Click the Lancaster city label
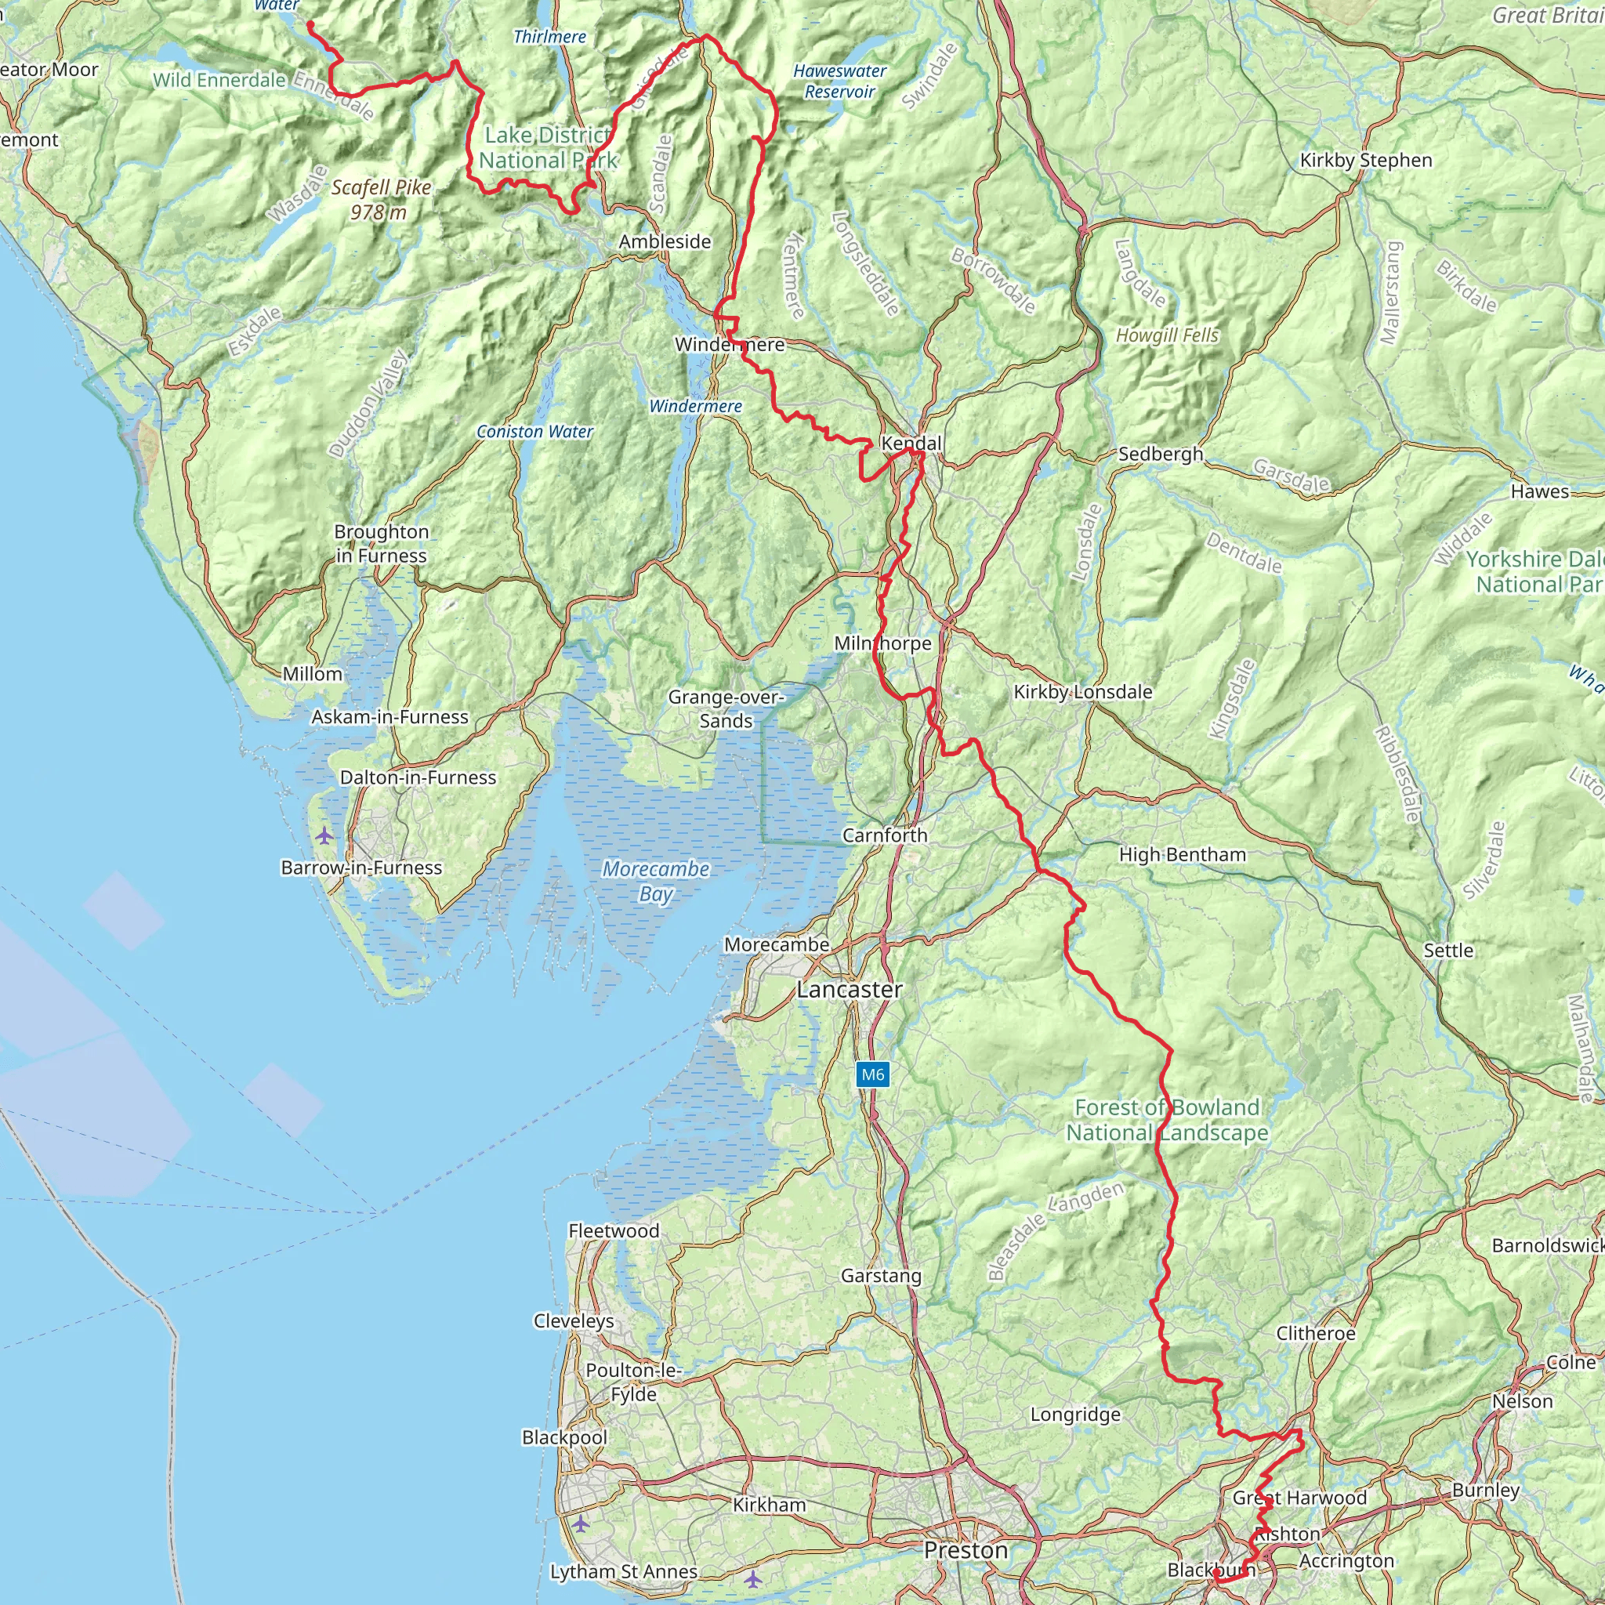click(849, 990)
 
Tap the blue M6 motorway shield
click(872, 1075)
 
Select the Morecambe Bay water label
click(655, 882)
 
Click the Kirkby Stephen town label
click(1366, 161)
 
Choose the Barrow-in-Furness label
click(361, 868)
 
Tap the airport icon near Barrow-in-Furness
click(324, 835)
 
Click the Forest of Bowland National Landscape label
click(1167, 1120)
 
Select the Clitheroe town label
click(1315, 1333)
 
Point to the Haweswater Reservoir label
click(839, 82)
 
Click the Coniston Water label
click(534, 432)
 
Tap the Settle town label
click(1448, 951)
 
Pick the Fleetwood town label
click(613, 1231)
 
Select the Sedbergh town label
click(1160, 454)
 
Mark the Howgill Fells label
click(1166, 335)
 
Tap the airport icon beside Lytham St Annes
click(752, 1578)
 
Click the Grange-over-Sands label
click(725, 708)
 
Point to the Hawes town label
click(1539, 492)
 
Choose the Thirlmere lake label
click(549, 37)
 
